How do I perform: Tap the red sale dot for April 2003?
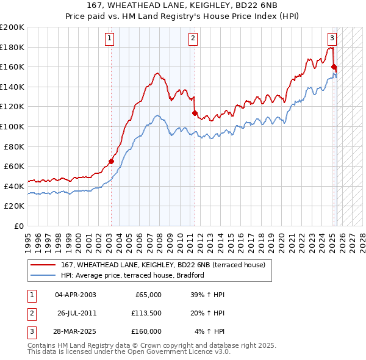pos(111,161)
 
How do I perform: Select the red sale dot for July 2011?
pos(195,113)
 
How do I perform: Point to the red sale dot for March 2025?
pos(334,67)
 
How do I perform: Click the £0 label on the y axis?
pos(18,226)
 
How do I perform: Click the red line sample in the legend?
pos(43,265)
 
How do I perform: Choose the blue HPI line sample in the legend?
pos(43,275)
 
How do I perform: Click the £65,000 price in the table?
pos(148,295)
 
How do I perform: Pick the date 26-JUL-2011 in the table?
pos(77,314)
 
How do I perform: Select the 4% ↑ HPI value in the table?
pos(210,332)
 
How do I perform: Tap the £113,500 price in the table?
pos(145,314)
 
